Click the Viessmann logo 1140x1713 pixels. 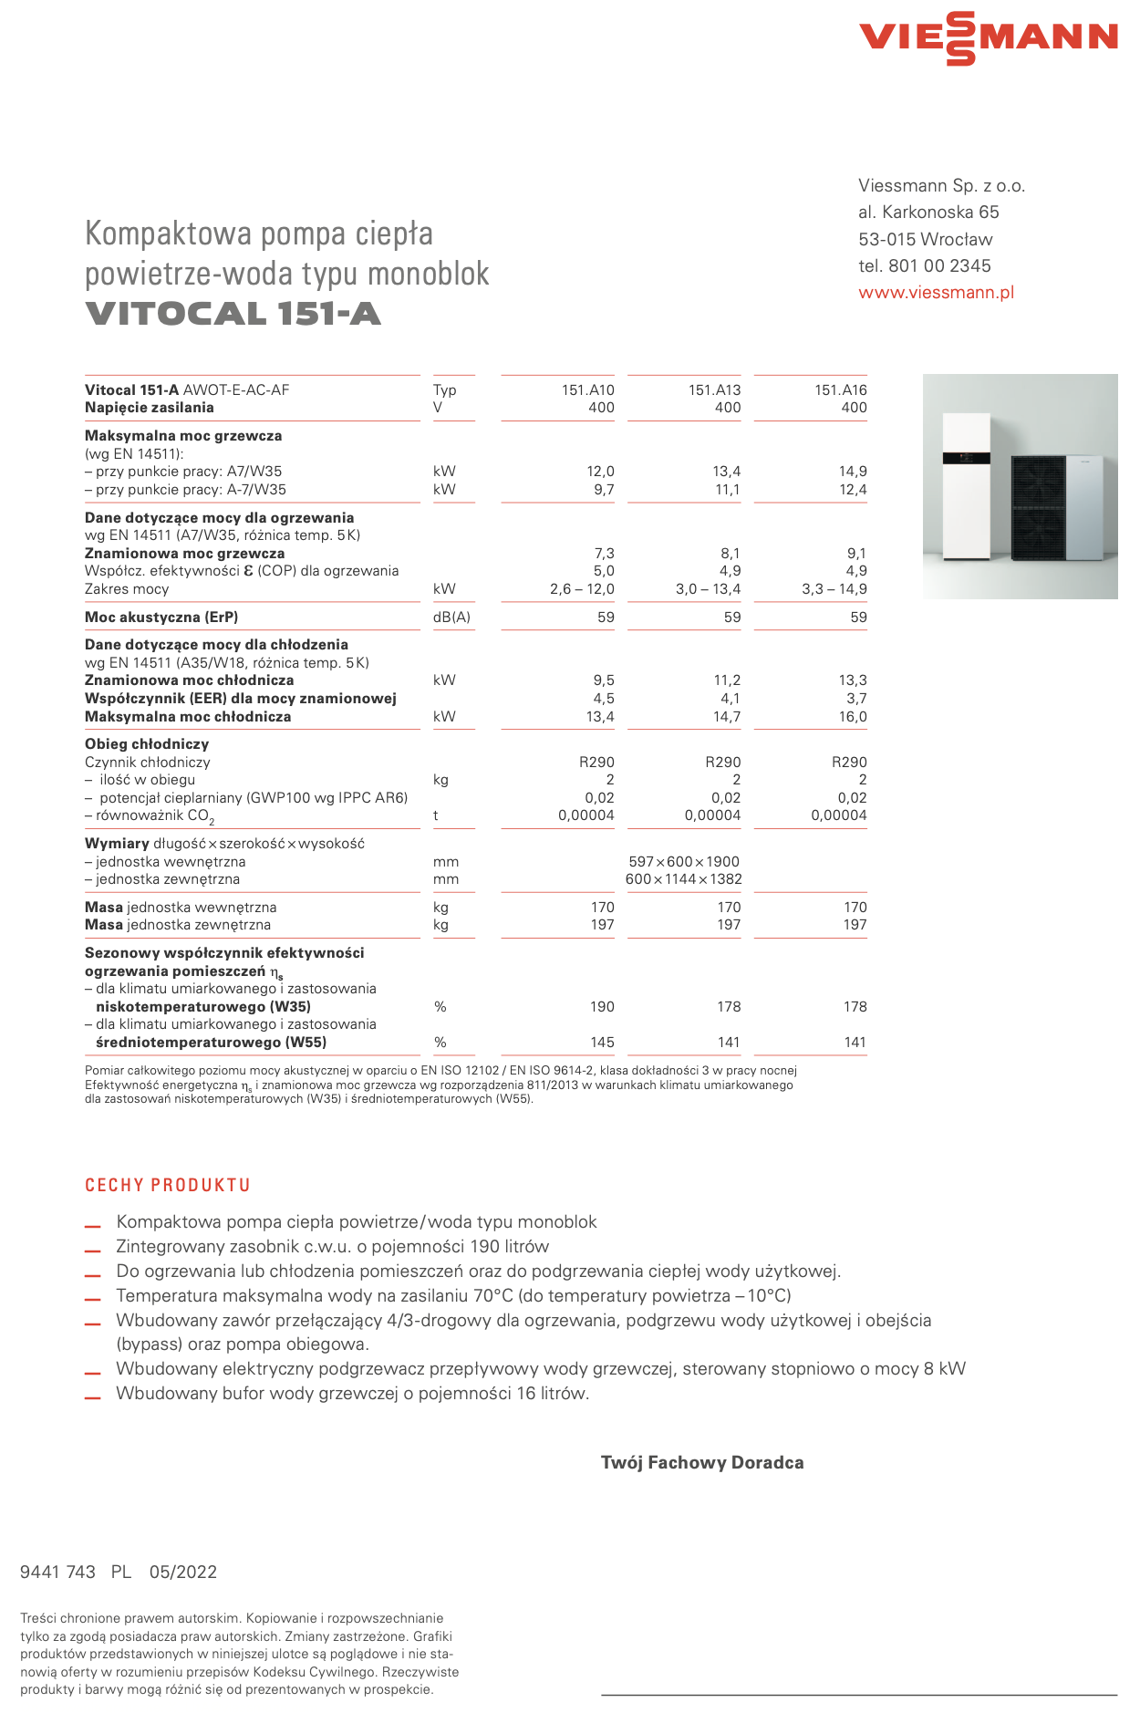(989, 38)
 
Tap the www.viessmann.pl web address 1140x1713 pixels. (936, 293)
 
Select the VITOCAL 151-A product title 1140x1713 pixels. (233, 314)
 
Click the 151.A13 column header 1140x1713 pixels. (714, 390)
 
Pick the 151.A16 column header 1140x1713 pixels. (840, 390)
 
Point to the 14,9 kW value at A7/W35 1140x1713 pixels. (853, 472)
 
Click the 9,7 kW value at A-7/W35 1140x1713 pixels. (603, 490)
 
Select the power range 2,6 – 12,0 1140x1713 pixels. (582, 589)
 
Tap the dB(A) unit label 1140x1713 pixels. (451, 618)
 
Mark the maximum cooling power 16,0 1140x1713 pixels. (853, 717)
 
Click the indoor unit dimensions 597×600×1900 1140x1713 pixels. (684, 862)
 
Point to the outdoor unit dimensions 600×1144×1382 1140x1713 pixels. (684, 879)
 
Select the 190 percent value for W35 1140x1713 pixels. (602, 1007)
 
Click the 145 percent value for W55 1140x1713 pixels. (602, 1043)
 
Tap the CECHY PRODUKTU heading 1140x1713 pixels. (168, 1186)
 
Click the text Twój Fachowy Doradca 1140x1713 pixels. (702, 1463)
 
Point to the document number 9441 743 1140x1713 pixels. (57, 1572)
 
